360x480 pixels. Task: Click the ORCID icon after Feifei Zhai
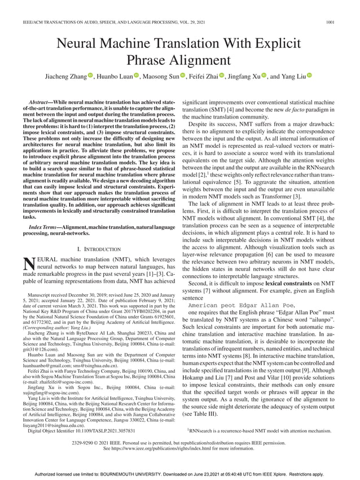pyautogui.click(x=221, y=76)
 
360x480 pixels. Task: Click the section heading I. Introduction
pyautogui.click(x=98, y=249)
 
